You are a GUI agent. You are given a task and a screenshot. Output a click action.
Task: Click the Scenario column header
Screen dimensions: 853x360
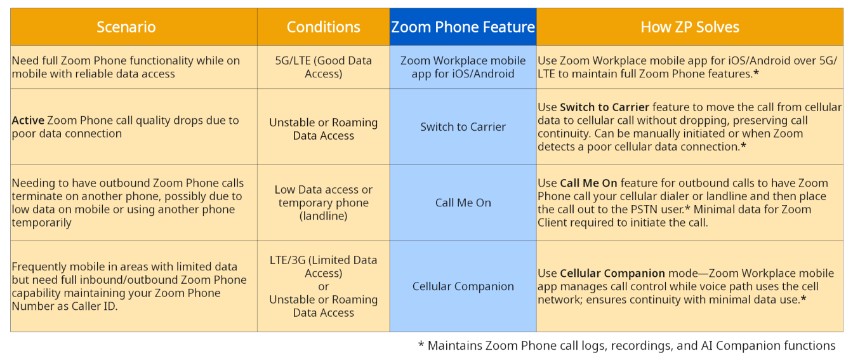[x=126, y=27]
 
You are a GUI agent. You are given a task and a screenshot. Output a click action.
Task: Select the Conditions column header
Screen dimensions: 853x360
[x=323, y=27]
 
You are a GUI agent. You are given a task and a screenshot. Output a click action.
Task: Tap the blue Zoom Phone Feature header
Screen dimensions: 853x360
[x=463, y=27]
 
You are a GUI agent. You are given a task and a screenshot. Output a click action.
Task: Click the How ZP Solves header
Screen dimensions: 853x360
[x=690, y=27]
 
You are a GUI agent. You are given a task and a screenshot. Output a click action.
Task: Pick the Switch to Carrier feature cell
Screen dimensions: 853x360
[x=463, y=127]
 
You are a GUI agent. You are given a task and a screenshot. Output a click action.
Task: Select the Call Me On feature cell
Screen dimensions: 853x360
[x=463, y=203]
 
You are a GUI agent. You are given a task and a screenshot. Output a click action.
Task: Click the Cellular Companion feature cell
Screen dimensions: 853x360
[x=463, y=286]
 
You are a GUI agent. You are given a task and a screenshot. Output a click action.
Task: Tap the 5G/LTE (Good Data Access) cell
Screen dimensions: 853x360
[x=323, y=67]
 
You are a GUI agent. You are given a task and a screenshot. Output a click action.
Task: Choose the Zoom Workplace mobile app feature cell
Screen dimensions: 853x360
[x=463, y=67]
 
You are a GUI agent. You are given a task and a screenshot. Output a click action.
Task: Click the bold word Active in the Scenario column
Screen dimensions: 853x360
[x=28, y=121]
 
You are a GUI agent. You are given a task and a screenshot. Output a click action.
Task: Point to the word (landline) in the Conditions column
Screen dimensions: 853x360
[x=323, y=216]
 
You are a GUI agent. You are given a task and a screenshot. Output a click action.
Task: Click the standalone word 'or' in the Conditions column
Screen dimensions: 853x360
[x=323, y=286]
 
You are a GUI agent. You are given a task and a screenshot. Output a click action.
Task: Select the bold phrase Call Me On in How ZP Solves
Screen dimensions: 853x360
[x=588, y=183]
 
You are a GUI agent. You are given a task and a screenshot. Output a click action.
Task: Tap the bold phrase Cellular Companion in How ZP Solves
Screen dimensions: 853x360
[x=612, y=273]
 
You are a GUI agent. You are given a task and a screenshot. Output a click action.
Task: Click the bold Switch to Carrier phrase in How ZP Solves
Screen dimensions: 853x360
[x=604, y=107]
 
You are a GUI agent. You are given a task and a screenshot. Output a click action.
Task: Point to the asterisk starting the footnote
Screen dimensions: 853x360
[x=421, y=344]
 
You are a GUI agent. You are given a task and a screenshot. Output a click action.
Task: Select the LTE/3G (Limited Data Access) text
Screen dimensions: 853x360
[x=323, y=267]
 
